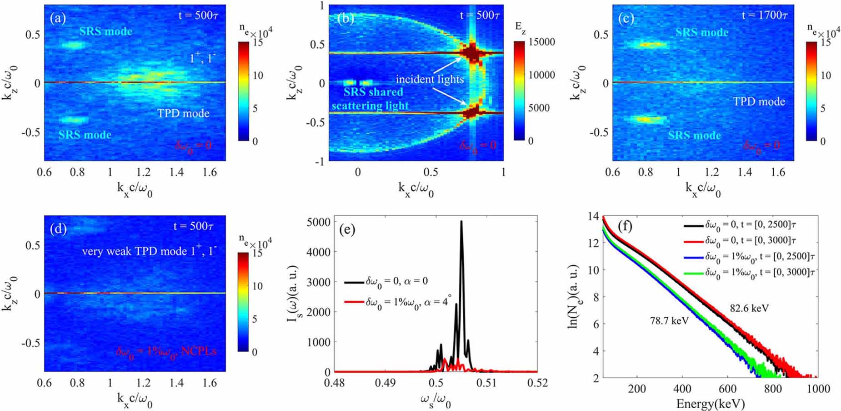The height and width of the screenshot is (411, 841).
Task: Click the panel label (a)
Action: [x=58, y=19]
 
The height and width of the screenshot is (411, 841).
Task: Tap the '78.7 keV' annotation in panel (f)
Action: [x=669, y=321]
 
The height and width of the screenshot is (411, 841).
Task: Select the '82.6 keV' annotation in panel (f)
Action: [x=749, y=308]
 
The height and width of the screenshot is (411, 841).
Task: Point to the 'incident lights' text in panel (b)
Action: [x=429, y=79]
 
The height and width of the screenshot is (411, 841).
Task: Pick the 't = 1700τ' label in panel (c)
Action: [x=764, y=15]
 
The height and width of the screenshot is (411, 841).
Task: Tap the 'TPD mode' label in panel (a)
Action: [x=183, y=113]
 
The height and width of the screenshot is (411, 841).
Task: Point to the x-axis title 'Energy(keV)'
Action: [x=710, y=404]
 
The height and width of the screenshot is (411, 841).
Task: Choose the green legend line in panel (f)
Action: [x=693, y=273]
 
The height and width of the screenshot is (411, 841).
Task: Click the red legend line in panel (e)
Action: [x=354, y=302]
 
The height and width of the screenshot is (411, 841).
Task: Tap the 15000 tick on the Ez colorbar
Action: [x=541, y=42]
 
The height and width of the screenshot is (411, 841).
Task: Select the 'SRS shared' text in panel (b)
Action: [x=373, y=92]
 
